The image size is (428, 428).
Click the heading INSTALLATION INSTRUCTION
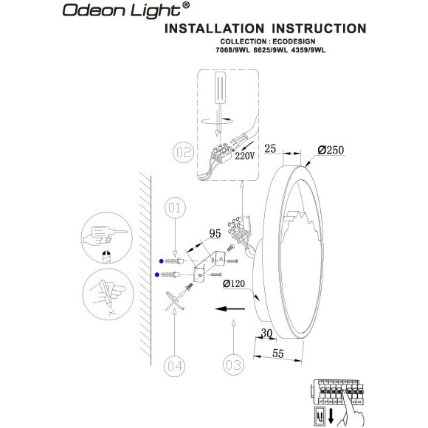coord(263,29)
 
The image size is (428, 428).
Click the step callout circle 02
coord(183,153)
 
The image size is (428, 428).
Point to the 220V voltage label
coord(244,156)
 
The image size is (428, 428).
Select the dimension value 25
coord(269,149)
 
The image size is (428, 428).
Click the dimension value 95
coord(215,234)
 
